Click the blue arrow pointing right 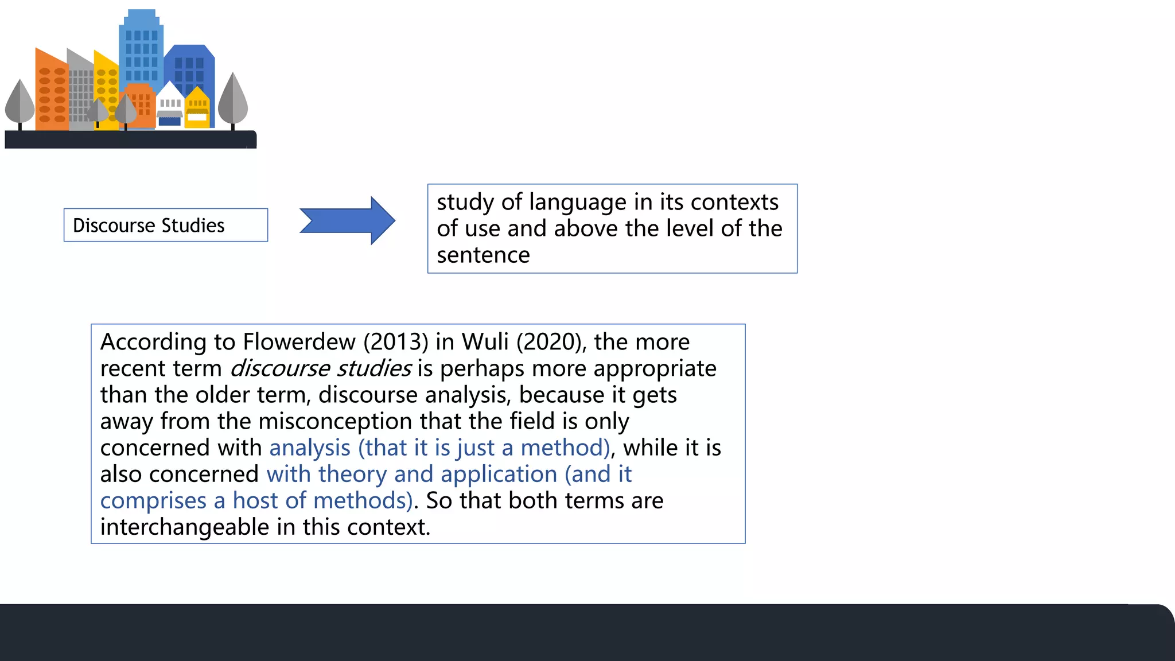point(347,221)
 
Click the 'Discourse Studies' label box point(165,225)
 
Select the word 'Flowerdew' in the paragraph point(299,342)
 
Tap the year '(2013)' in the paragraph point(396,342)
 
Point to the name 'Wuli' point(485,342)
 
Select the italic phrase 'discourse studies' point(321,368)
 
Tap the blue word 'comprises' point(153,500)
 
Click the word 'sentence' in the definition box point(483,255)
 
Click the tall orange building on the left point(51,92)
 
